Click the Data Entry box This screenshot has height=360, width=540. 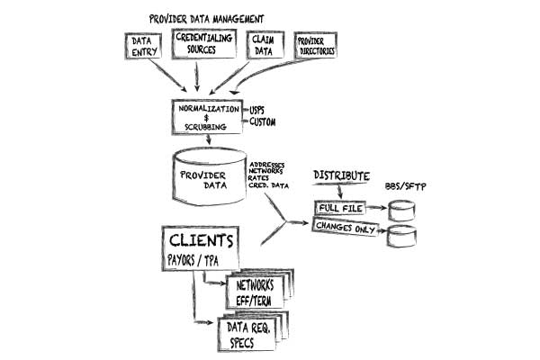tap(143, 48)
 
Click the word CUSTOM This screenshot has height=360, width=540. tap(263, 122)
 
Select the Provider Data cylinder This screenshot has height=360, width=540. tap(207, 175)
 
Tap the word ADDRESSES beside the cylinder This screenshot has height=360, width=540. tap(269, 165)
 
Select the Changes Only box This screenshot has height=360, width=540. tap(346, 228)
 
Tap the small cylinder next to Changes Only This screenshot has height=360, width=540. tap(401, 238)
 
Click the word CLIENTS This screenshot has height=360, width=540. tap(203, 241)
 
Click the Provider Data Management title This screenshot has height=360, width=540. tap(208, 18)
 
